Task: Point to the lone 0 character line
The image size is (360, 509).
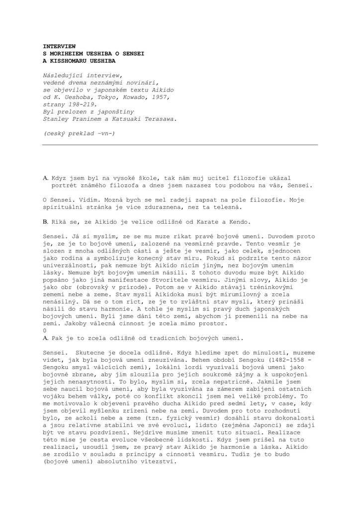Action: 45,331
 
